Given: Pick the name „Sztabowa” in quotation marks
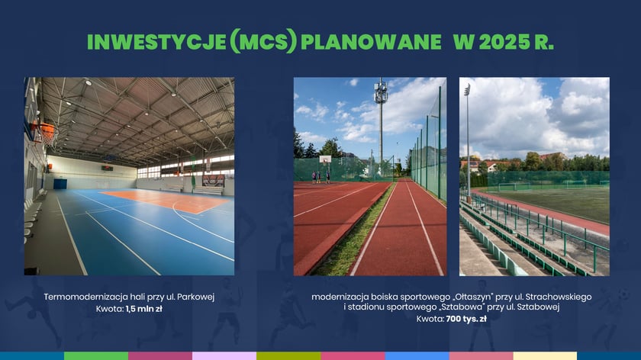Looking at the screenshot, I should click(475, 307).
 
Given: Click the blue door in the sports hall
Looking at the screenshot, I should click(60, 183).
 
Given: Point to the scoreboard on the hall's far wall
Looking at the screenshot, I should click(107, 168).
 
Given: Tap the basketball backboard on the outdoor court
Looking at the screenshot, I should click(326, 159).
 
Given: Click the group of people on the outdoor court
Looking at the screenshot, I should click(320, 176).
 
